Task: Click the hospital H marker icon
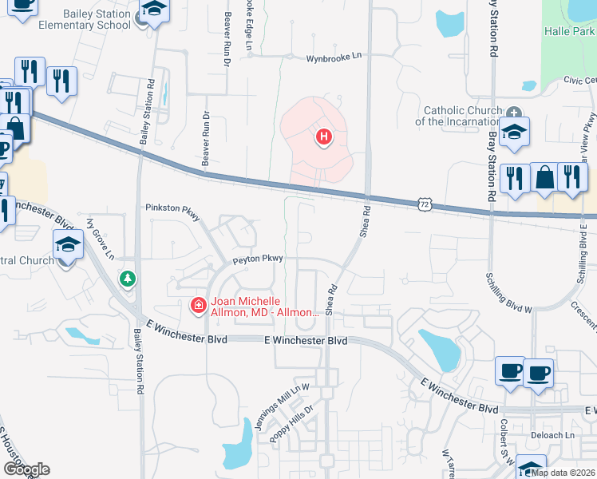click(323, 137)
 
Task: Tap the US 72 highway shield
click(424, 205)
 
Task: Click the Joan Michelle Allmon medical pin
click(197, 305)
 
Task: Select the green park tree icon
click(127, 279)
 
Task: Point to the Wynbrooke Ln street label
click(334, 58)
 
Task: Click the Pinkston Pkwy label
click(172, 208)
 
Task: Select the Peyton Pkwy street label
click(258, 259)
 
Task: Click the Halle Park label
click(569, 31)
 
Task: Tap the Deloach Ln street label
click(552, 435)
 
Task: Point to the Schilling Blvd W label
click(508, 291)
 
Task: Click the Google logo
click(26, 469)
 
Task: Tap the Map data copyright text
click(563, 473)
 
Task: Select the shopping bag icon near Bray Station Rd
click(544, 178)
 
